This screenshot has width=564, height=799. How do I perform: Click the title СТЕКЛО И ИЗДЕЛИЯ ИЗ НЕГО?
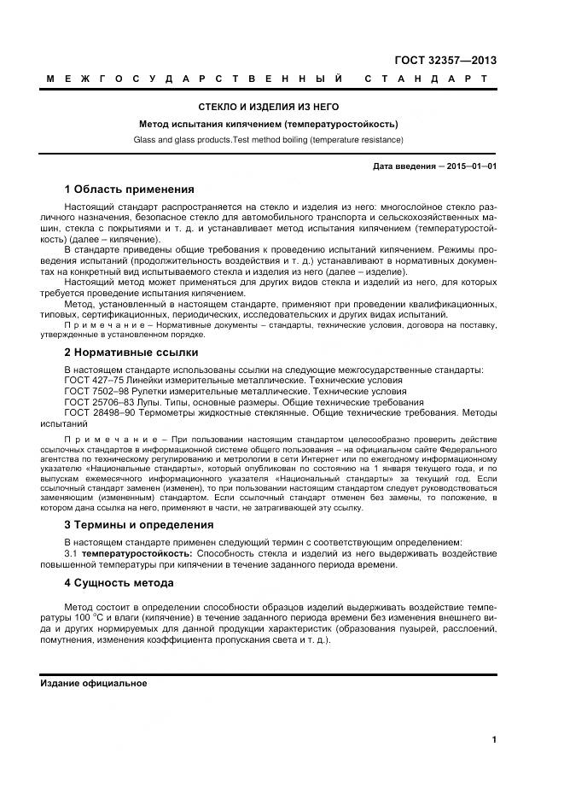(269, 107)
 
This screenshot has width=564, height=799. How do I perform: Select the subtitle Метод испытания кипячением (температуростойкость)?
(269, 124)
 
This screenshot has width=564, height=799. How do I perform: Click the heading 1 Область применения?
(130, 189)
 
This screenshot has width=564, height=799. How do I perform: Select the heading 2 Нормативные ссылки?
(131, 352)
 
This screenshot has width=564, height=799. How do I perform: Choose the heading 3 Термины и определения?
(139, 524)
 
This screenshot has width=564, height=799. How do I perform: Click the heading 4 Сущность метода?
(119, 583)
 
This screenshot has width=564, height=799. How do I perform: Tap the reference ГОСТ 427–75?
(95, 380)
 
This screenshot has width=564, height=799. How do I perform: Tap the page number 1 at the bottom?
(494, 740)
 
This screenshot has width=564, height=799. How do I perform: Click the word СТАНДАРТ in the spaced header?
(427, 79)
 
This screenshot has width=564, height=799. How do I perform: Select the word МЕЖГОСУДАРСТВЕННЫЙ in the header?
(195, 79)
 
